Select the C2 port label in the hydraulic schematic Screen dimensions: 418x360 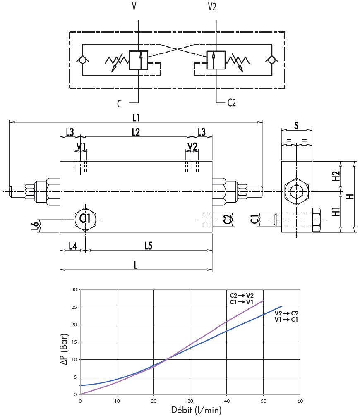point(231,103)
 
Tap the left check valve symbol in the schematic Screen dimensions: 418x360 point(83,60)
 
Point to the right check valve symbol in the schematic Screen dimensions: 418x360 point(271,60)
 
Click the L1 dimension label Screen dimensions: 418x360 point(136,117)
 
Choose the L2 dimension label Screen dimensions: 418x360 point(136,132)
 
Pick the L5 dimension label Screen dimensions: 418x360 point(149,246)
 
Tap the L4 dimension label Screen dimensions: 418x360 point(72,246)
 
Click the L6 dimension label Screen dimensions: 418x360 point(36,225)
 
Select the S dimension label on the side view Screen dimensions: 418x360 point(296,125)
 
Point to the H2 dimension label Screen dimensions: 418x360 point(336,176)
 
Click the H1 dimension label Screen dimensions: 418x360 point(336,212)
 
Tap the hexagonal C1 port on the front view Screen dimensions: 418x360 point(85,218)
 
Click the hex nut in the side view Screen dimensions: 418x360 point(296,192)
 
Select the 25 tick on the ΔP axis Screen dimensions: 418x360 point(74,307)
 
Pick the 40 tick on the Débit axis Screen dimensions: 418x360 point(227,401)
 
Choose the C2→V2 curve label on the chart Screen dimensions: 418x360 point(242,295)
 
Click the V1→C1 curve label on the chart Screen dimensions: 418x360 point(287,320)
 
